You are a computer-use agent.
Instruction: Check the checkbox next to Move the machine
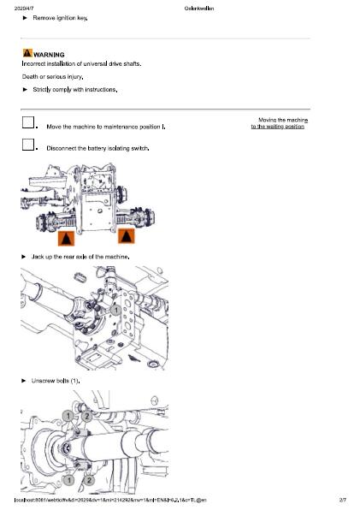click(28, 123)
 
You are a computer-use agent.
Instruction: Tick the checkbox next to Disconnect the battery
click(28, 145)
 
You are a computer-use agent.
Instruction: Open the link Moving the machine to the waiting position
click(279, 123)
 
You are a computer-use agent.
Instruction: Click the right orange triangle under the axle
click(126, 235)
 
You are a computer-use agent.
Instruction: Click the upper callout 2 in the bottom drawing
click(86, 416)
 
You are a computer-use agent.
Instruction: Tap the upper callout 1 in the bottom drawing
click(68, 416)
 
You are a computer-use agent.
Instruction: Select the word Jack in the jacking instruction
click(38, 257)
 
